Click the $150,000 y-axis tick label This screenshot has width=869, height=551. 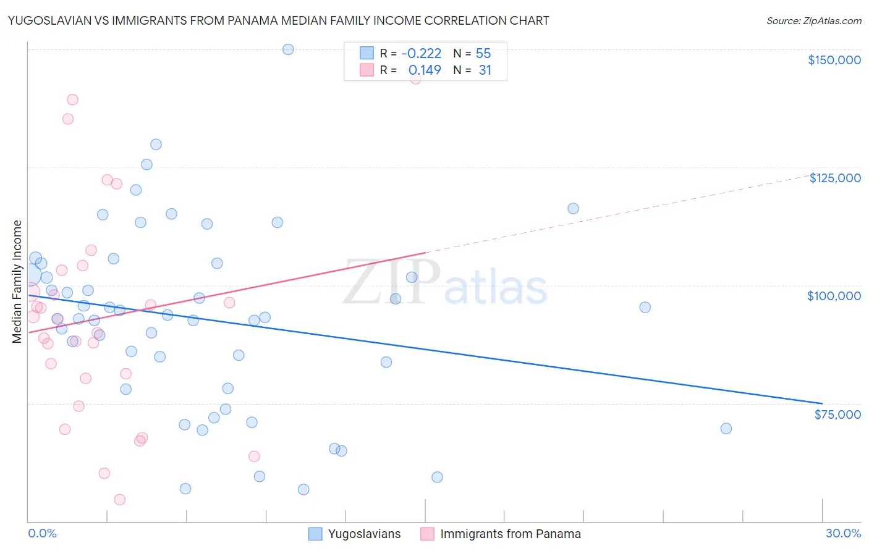834,60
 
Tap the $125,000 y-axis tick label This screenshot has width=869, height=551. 834,178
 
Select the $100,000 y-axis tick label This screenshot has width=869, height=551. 834,296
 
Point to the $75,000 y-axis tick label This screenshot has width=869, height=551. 837,414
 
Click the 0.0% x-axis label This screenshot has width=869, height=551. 42,533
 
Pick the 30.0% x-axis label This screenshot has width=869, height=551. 843,533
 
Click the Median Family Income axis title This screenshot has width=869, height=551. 17,282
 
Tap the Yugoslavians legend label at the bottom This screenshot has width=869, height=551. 364,534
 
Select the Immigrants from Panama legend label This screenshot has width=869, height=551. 510,534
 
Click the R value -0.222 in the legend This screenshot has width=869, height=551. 421,54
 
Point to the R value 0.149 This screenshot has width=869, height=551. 425,70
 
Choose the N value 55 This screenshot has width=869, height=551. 483,54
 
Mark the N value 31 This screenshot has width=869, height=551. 485,70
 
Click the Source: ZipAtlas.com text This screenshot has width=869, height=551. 813,21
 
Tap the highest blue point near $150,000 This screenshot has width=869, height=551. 288,49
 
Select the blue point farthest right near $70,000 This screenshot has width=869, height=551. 726,429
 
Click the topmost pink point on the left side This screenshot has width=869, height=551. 72,99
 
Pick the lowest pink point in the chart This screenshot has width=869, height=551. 120,500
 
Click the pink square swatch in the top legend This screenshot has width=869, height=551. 367,70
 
